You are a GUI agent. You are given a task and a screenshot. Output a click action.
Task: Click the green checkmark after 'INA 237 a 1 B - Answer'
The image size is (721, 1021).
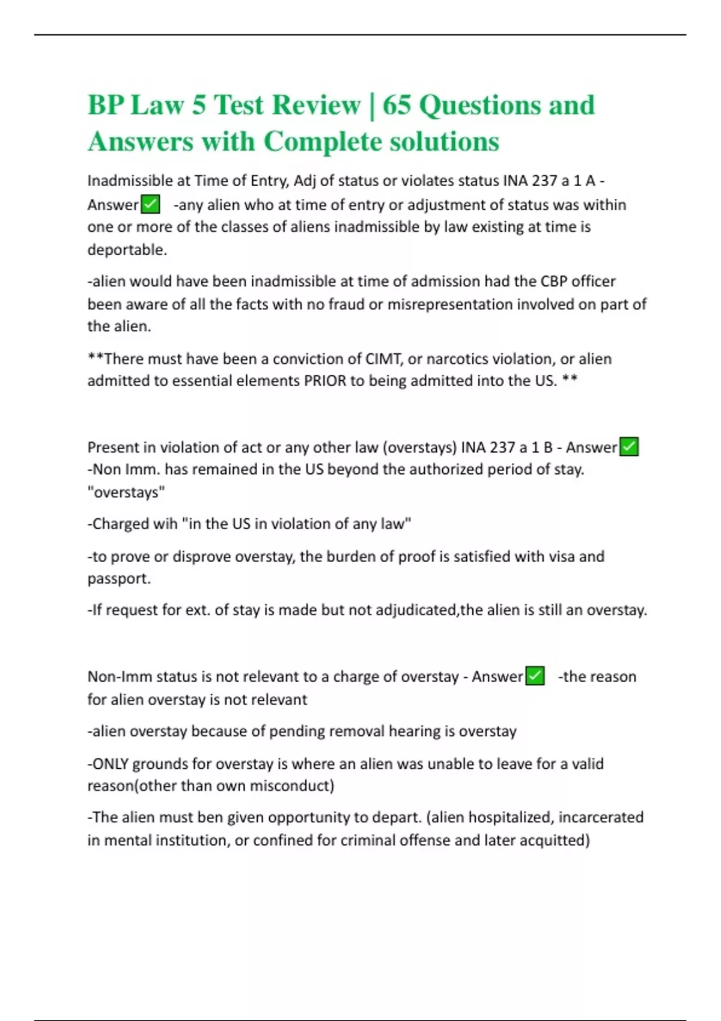click(x=628, y=447)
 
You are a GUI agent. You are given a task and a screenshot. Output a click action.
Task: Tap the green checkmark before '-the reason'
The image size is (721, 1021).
click(x=535, y=676)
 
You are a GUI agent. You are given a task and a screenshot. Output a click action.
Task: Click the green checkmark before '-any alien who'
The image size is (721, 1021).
click(x=150, y=205)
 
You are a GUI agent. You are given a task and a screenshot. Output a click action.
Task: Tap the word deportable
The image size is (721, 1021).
click(x=126, y=250)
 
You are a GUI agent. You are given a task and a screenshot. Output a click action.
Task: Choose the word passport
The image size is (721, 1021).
click(x=118, y=578)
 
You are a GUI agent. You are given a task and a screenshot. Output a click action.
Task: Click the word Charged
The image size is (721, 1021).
click(x=120, y=524)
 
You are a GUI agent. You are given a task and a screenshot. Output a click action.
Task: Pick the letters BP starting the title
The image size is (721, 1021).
click(x=106, y=105)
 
